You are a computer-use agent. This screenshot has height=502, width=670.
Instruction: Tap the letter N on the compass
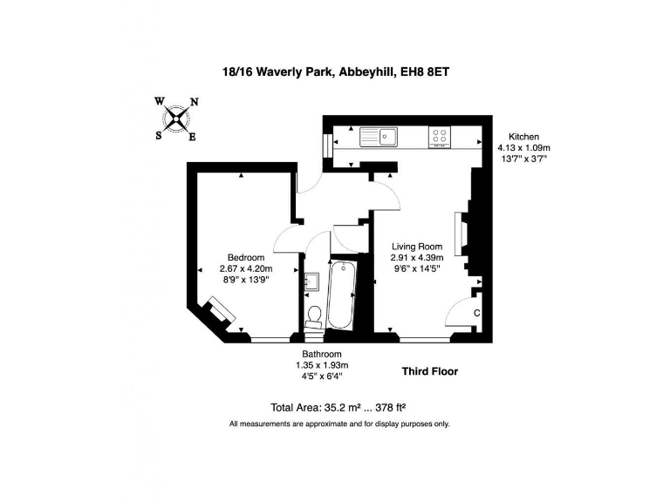coord(194,102)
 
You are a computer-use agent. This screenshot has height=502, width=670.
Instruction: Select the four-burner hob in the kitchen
coord(440,136)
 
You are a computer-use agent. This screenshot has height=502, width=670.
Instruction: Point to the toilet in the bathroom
coord(315,312)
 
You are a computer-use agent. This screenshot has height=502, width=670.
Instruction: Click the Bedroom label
coord(245,257)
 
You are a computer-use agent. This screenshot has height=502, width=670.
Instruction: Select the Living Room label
coord(416,246)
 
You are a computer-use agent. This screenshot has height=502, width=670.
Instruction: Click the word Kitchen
coord(523,137)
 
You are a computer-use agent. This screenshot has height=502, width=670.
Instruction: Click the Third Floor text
coord(429,371)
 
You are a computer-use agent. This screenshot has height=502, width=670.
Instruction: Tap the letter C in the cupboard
coord(476,312)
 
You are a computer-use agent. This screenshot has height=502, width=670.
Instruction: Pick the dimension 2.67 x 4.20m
coord(246,268)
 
